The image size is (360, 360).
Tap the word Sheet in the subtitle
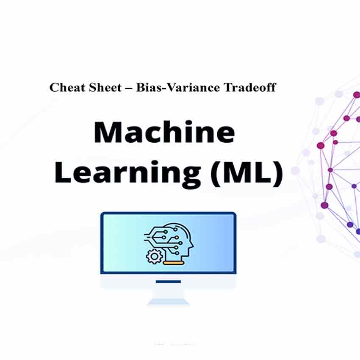[x=105, y=88]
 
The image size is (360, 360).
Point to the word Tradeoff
[x=250, y=88]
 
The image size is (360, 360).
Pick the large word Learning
[x=127, y=173]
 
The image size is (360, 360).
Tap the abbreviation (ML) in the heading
[x=246, y=173]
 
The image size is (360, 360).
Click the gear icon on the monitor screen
[x=154, y=256]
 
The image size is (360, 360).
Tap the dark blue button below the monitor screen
[x=168, y=282]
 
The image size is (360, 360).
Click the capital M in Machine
[x=107, y=132]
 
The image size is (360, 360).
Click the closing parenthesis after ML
[x=279, y=174]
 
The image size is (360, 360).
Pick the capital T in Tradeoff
[x=228, y=88]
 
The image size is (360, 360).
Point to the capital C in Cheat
[x=54, y=88]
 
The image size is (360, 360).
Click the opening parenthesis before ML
[x=215, y=174]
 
